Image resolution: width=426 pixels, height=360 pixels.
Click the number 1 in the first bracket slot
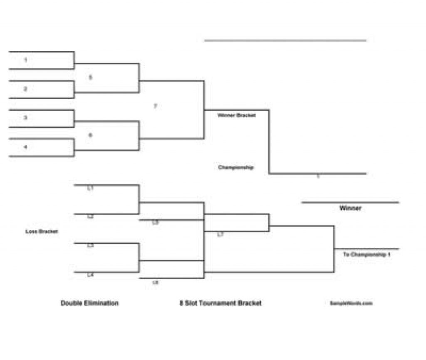pos(25,60)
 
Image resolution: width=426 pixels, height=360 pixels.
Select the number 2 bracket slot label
pos(25,89)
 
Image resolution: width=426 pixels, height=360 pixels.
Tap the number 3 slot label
pos(25,118)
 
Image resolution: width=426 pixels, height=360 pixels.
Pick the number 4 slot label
pos(25,147)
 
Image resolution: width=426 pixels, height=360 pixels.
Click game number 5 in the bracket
pos(91,77)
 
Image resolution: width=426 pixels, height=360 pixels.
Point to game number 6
pos(91,135)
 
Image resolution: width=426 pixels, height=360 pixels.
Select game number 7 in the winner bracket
pos(156,107)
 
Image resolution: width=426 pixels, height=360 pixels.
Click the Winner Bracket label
pos(237,115)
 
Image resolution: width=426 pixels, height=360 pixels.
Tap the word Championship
pos(236,168)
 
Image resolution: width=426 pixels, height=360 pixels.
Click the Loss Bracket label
pos(42,231)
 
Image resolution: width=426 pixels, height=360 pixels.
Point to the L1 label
pos(90,188)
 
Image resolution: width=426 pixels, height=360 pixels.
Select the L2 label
pos(90,217)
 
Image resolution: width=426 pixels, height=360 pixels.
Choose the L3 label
pos(90,246)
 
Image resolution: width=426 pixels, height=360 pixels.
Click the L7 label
pos(220,235)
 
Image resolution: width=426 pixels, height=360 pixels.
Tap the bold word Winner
pos(350,208)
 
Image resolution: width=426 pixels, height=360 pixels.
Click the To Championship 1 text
pos(367,254)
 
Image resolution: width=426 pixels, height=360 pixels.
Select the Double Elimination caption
pos(89,303)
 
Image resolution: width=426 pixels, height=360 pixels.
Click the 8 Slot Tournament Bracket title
pos(220,303)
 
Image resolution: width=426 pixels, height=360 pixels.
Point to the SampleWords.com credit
pos(351,303)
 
